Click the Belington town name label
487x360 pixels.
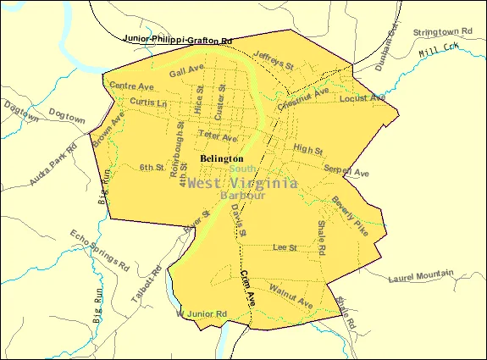(x=222, y=158)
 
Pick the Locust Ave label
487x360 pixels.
(x=357, y=99)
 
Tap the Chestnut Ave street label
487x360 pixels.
(x=302, y=99)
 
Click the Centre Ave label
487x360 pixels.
(x=131, y=86)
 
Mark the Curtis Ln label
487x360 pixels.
(x=148, y=102)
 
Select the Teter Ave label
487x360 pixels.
(x=217, y=136)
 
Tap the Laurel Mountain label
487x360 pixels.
(x=421, y=276)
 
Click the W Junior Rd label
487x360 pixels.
(x=202, y=314)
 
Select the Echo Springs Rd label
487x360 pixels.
(x=99, y=249)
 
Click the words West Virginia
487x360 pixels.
(x=242, y=182)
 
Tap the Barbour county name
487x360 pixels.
(x=242, y=196)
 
